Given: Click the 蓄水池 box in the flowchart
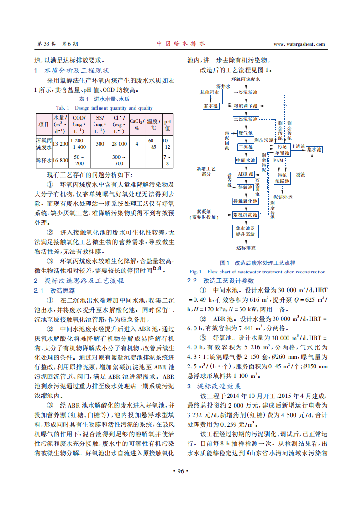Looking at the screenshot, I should (x=210, y=105).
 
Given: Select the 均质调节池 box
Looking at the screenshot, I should (x=246, y=105).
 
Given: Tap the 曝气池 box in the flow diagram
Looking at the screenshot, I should (x=246, y=133).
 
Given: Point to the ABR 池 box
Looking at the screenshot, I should (x=246, y=174).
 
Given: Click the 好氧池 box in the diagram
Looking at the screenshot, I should (x=246, y=187).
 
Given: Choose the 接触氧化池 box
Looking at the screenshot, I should (x=246, y=201).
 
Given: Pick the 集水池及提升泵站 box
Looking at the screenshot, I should (x=246, y=231).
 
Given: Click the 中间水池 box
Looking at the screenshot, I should (x=246, y=160).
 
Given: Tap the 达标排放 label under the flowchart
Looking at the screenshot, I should (x=246, y=248).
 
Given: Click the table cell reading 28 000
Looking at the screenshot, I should (x=120, y=143).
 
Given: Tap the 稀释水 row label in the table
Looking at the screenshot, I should (x=44, y=160).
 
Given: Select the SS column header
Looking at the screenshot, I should (x=100, y=124).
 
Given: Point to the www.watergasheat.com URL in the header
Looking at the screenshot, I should (x=299, y=44).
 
